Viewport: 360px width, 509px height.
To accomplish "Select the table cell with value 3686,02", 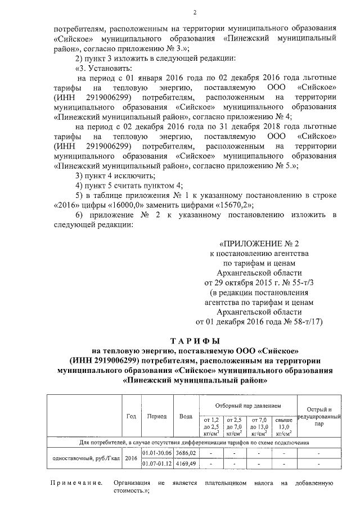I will click(x=185, y=452).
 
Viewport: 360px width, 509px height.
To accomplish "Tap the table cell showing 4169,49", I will click(x=185, y=463).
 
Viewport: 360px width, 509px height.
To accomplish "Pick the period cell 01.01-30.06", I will click(x=157, y=452).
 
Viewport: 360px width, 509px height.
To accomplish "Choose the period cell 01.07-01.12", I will click(x=157, y=463).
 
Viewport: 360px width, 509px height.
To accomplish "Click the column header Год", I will click(x=131, y=416).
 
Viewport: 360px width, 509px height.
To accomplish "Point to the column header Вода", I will click(x=185, y=416).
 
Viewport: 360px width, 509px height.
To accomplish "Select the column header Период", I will click(x=157, y=416).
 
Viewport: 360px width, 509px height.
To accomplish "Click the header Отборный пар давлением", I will click(x=248, y=405).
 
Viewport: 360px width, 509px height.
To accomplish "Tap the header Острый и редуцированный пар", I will click(x=319, y=416).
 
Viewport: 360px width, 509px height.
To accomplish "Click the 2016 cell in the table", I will click(x=131, y=458).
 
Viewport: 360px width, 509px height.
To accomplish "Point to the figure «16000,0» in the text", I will click(x=129, y=205).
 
